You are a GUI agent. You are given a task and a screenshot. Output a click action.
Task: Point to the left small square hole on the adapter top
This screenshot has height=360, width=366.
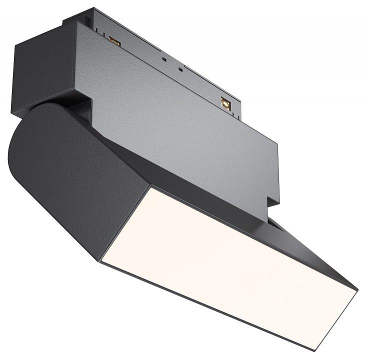click(164, 58)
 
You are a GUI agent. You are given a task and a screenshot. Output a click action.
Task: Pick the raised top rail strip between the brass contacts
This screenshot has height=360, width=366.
click(170, 55)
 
